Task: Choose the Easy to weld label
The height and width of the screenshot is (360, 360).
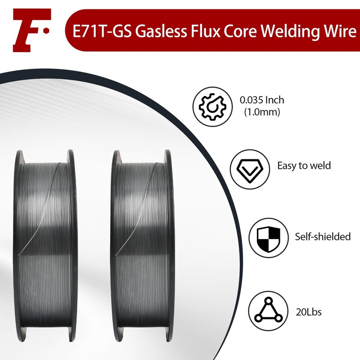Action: pos(304,166)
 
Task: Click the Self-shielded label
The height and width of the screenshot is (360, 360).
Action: pos(323,236)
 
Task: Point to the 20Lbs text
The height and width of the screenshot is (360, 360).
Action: pos(309,312)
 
